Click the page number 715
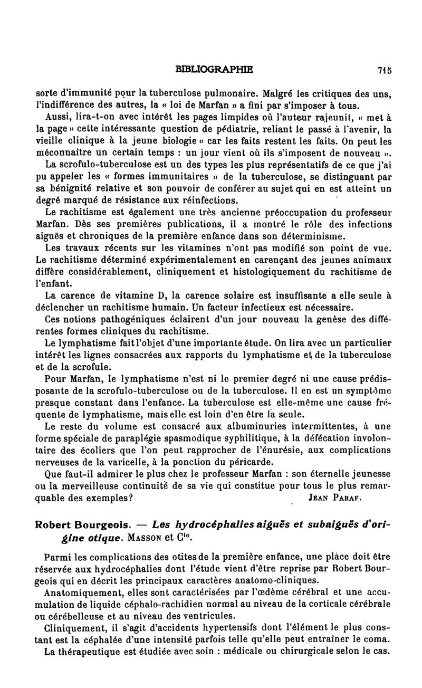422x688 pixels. click(x=383, y=68)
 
